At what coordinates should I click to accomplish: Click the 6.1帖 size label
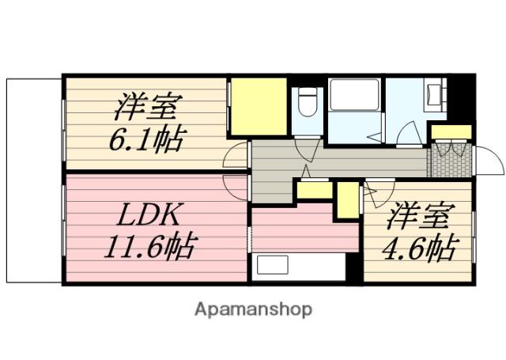148,140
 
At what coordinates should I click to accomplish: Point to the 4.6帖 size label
417,248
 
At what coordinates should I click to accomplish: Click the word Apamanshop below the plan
253,309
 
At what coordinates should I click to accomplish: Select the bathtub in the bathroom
353,97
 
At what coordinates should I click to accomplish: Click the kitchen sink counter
299,266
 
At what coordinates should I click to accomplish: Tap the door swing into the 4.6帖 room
378,191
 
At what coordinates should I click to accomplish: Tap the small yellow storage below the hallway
315,191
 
